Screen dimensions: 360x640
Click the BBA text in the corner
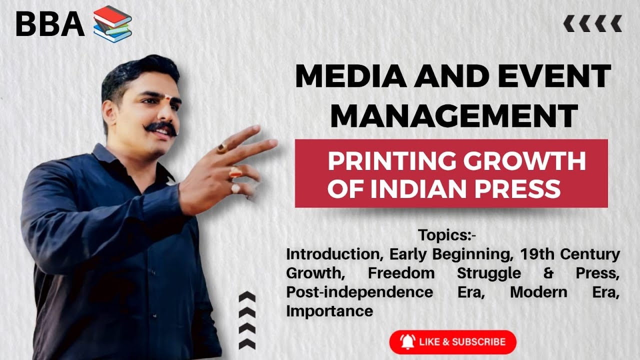click(x=50, y=23)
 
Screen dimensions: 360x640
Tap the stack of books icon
click(x=112, y=23)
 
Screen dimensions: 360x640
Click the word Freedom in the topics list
click(x=401, y=273)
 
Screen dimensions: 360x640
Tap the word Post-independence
click(x=359, y=292)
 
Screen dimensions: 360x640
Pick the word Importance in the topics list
click(x=329, y=311)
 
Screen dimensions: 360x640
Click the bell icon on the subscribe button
click(x=407, y=342)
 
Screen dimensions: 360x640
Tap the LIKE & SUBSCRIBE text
click(x=462, y=342)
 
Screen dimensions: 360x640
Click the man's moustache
click(x=161, y=127)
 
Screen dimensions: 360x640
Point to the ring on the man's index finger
click(x=222, y=148)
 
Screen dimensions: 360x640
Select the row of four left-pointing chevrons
click(x=592, y=23)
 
